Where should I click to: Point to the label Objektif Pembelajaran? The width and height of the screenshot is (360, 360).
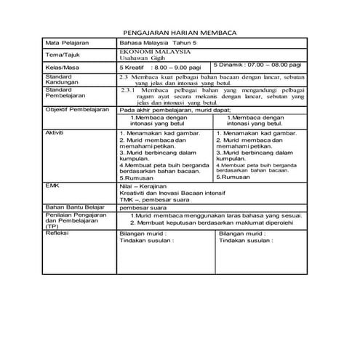pos(77,110)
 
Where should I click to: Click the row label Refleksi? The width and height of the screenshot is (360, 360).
pos(57,233)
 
